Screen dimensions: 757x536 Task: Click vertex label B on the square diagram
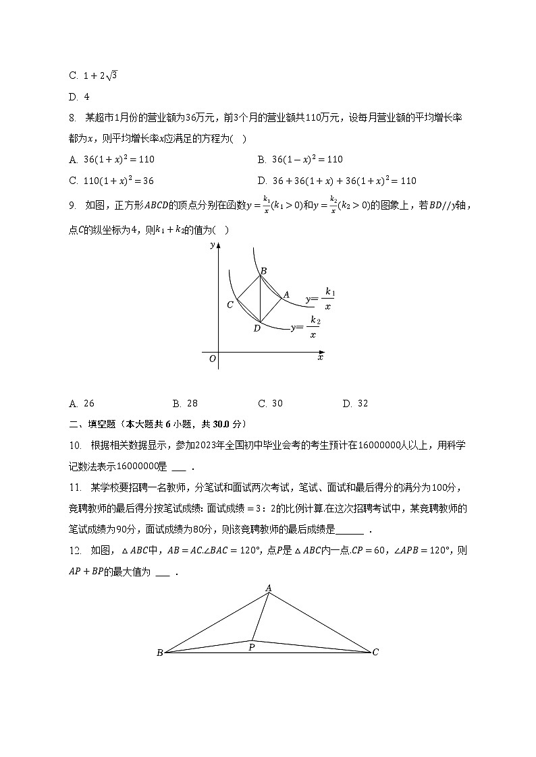(x=263, y=271)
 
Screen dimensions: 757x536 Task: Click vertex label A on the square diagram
(x=286, y=295)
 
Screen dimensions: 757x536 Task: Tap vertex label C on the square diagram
(x=230, y=305)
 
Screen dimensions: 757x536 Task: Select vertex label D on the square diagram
(x=257, y=328)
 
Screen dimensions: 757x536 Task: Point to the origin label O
(x=212, y=359)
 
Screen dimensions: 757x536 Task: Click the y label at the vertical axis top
(x=212, y=245)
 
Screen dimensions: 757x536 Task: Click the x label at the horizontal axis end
(x=320, y=357)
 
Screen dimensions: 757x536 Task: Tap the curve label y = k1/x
(x=320, y=298)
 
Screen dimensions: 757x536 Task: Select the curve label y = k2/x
(x=305, y=327)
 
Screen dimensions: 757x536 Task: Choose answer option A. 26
(x=82, y=404)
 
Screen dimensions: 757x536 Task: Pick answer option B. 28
(x=185, y=404)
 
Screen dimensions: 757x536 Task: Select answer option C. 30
(x=270, y=404)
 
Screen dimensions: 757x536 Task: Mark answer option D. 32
(x=355, y=404)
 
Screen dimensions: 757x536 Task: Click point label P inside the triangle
(x=251, y=648)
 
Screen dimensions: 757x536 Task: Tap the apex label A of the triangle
(x=268, y=588)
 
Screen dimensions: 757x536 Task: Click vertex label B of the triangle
(x=159, y=653)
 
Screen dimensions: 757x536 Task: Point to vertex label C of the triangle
(x=375, y=652)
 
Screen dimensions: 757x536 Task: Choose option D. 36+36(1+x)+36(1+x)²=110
(x=337, y=181)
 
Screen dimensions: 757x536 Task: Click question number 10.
(x=74, y=445)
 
